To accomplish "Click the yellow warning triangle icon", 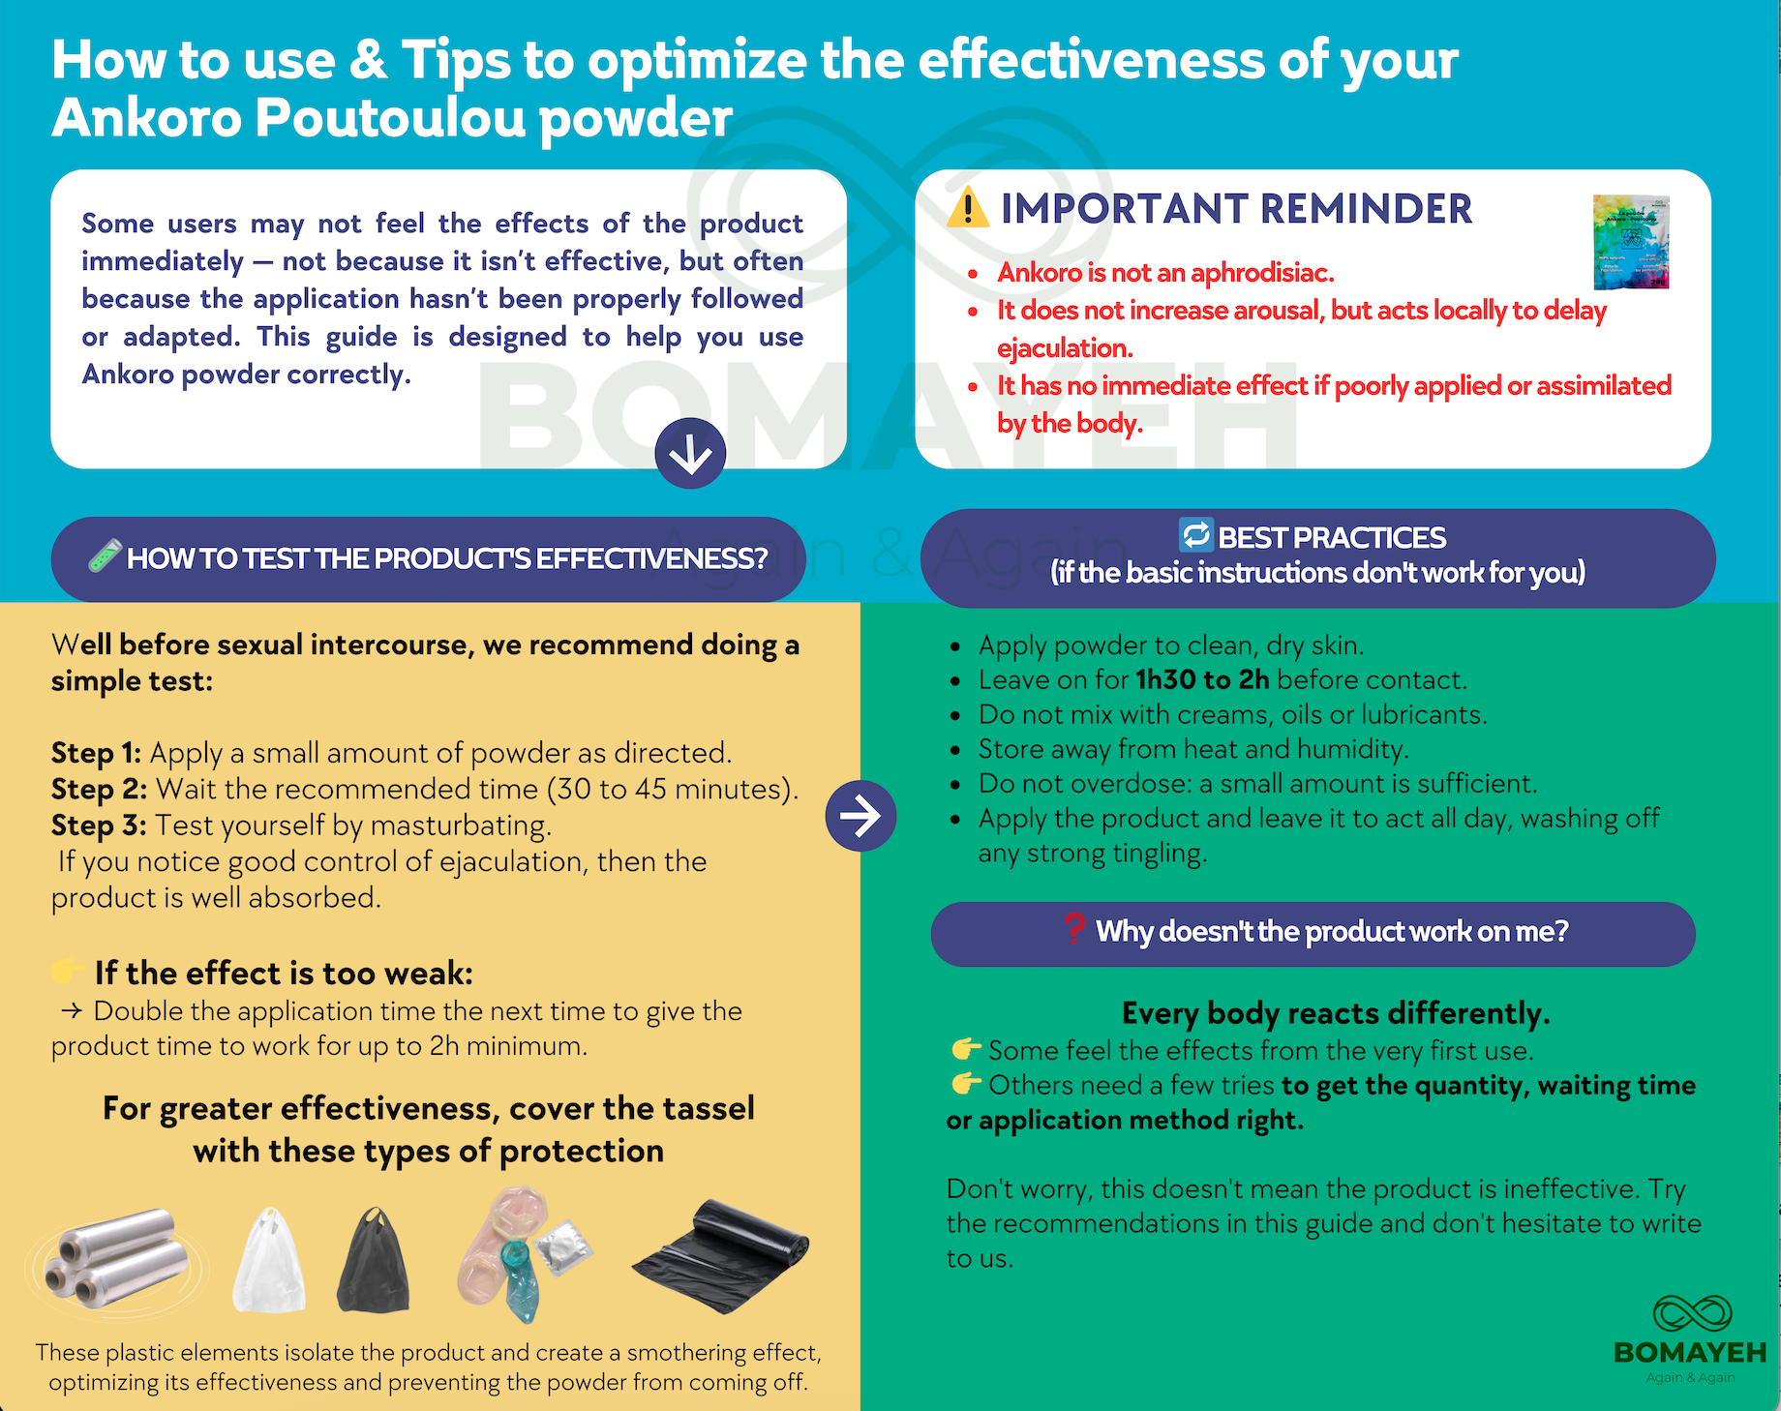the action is tap(968, 208).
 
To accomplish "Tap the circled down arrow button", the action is tap(690, 453).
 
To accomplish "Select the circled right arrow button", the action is tap(860, 816).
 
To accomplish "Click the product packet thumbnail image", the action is tap(1631, 242).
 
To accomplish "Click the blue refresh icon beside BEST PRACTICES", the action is tap(1196, 534).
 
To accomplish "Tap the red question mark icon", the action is tap(1073, 928).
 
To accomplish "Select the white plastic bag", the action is tap(269, 1260).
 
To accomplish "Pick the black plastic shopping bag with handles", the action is tap(374, 1260).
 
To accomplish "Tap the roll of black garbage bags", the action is tap(720, 1255).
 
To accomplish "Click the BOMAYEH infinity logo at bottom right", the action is tap(1691, 1313).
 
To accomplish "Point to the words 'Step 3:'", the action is tap(99, 826).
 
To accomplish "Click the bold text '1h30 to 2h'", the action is tap(1202, 679).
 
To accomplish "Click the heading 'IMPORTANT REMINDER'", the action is tap(1236, 209).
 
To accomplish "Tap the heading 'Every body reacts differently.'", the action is tap(1336, 1013).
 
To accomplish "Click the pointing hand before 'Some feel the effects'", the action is tap(966, 1049).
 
